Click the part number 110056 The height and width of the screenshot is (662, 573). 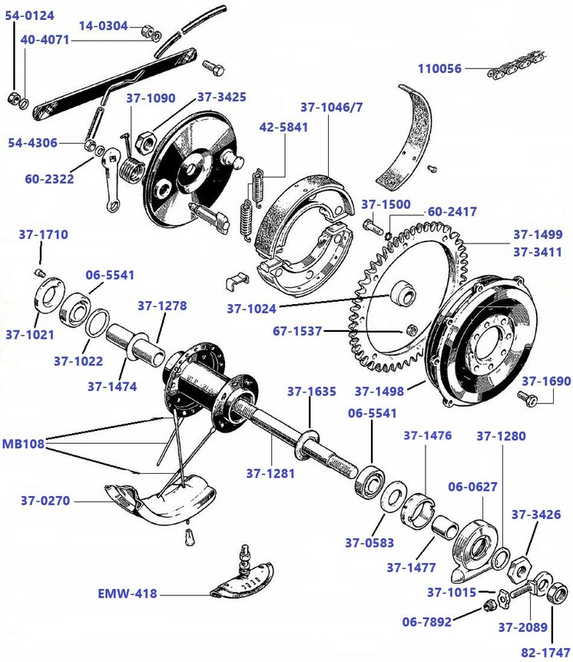pos(440,68)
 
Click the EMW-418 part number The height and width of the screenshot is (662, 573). pos(128,593)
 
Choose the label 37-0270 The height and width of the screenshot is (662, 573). pos(45,501)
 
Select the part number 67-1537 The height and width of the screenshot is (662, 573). pos(298,332)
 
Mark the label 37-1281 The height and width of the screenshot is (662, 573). pos(270,473)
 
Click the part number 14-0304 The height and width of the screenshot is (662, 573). pos(103,25)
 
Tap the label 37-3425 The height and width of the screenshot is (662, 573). pos(221,97)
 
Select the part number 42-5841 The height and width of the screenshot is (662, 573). pos(283,127)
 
